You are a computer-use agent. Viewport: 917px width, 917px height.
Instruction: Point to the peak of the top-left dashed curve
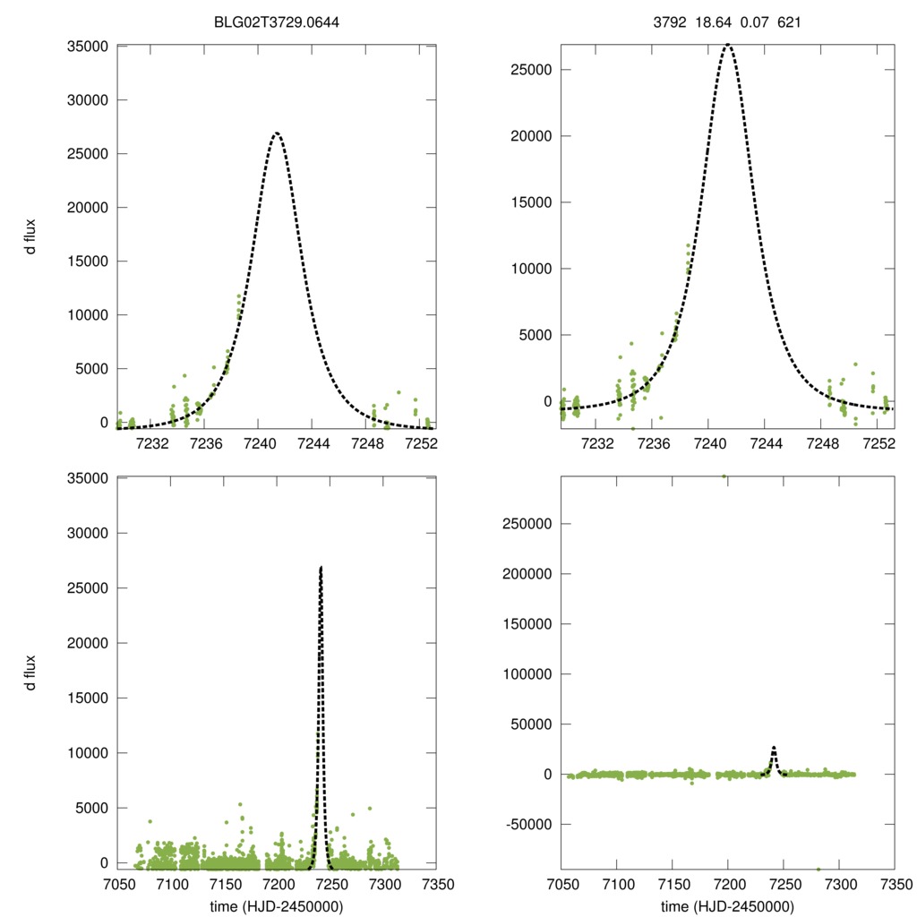click(x=277, y=133)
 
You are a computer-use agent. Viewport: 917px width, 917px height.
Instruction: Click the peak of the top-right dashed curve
click(x=728, y=44)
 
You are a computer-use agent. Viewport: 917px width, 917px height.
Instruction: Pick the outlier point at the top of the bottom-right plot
click(x=724, y=476)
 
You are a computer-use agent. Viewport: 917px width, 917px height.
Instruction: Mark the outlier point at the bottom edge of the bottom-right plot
click(x=818, y=869)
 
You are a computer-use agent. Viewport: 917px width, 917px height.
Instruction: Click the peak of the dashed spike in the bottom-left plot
click(x=321, y=567)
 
